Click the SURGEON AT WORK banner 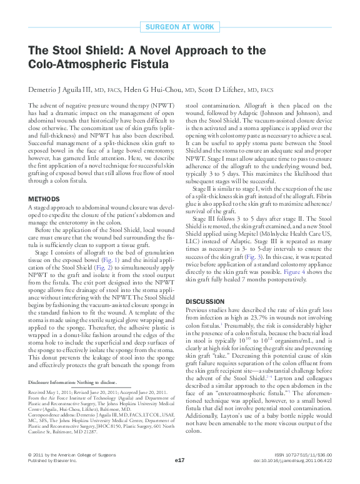tap(179, 26)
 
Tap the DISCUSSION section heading tap(206, 301)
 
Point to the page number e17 tap(180, 460)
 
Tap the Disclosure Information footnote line tap(72, 381)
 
